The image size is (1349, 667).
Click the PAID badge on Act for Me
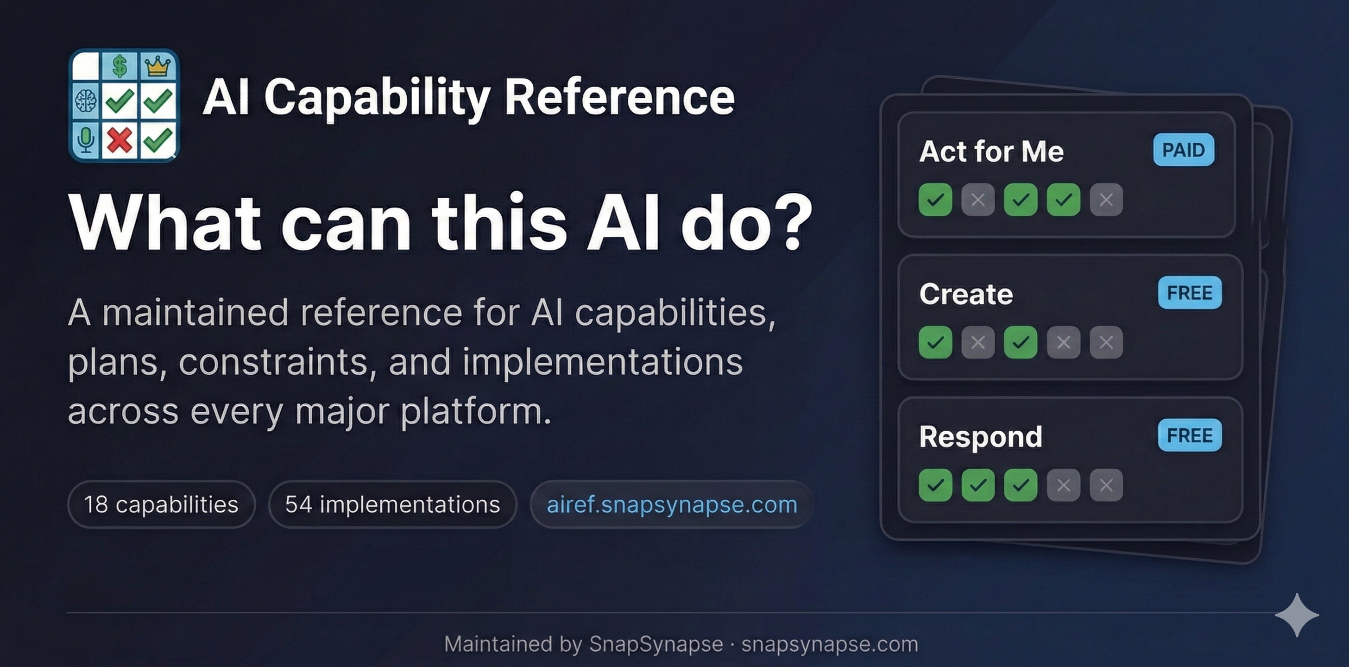(1184, 150)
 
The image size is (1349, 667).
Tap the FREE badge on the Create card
(1189, 293)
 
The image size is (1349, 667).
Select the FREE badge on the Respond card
(1189, 435)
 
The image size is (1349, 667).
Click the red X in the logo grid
(120, 140)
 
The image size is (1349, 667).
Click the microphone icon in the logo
(85, 140)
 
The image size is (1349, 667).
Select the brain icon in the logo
(85, 101)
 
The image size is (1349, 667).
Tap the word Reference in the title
(619, 97)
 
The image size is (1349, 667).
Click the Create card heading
(966, 294)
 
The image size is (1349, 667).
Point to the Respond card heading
(981, 437)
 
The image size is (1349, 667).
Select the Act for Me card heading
(991, 151)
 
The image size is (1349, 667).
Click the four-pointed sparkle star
(1297, 615)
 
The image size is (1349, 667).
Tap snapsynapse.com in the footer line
(830, 644)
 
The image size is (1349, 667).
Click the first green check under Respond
(935, 485)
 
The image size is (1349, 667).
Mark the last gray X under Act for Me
(1106, 200)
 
